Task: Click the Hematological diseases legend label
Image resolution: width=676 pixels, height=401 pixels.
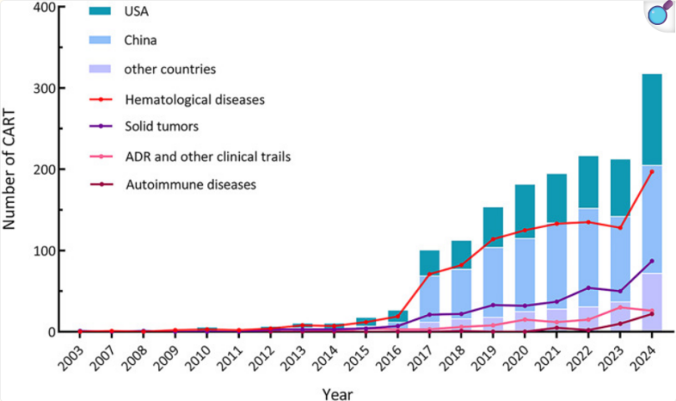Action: [195, 99]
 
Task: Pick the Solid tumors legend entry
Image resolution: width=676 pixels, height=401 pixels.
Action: [163, 127]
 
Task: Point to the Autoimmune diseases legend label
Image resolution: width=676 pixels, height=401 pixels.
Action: [191, 185]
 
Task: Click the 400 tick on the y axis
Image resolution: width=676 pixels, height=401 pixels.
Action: [43, 8]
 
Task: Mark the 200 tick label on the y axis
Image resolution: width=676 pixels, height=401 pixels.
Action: [43, 170]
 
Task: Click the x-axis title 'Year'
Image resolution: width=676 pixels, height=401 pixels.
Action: [339, 392]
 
